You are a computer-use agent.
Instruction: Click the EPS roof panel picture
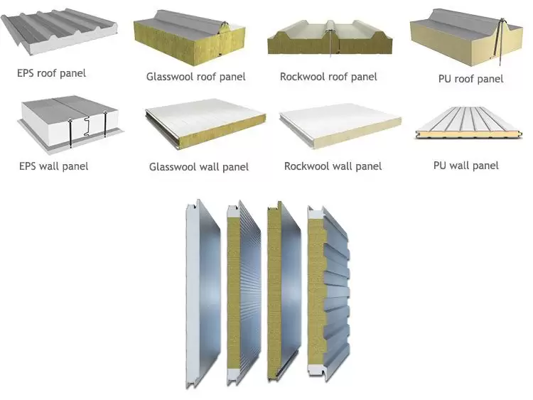coord(60,36)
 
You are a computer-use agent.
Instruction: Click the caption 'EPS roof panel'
coord(52,72)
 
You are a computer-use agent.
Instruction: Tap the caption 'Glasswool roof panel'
coord(196,77)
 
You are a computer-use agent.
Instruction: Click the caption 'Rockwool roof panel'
coord(328,77)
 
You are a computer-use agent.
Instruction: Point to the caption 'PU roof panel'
coord(470,79)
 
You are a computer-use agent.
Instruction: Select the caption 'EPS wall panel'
coord(53,166)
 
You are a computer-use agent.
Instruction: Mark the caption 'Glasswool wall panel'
coord(199,168)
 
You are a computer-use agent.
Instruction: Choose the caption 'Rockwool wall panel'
coord(333,166)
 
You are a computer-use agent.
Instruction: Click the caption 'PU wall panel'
coord(465,165)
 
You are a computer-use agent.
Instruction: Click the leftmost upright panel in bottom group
coord(203,291)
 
